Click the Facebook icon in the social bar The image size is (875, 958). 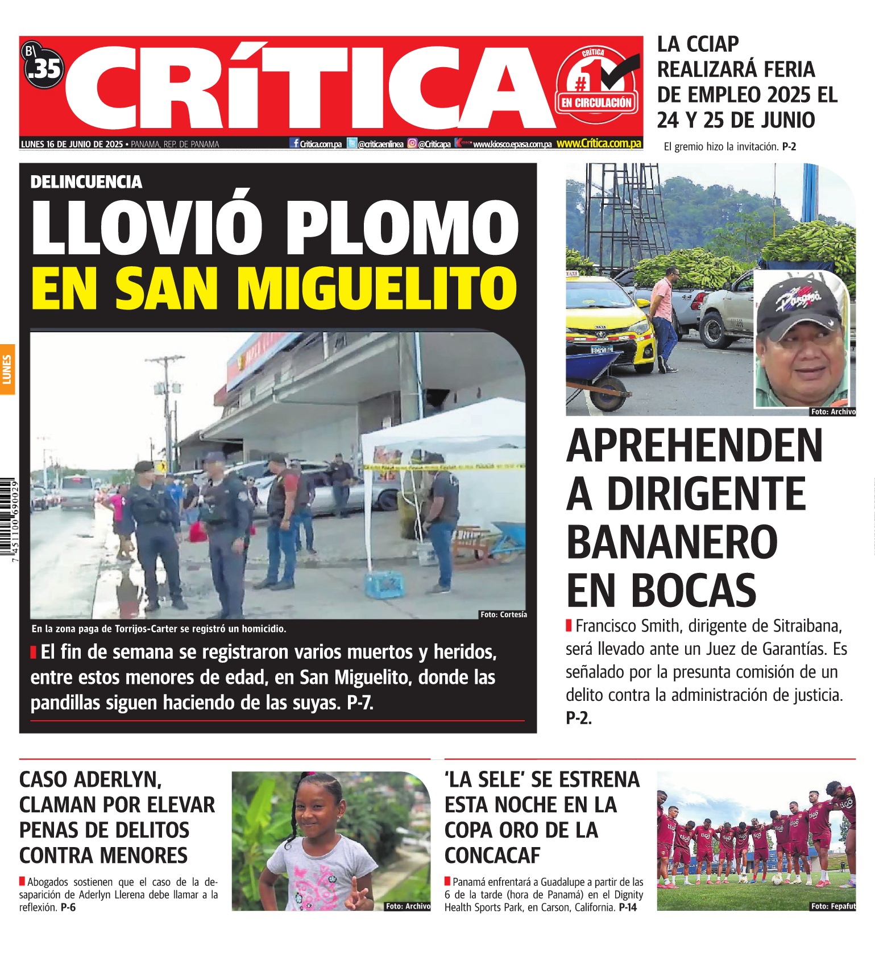coord(295,143)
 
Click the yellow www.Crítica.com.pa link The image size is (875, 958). coord(599,143)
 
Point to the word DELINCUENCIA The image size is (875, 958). coord(86,182)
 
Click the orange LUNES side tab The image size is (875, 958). coord(7,369)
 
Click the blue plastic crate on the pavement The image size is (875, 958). coord(384,585)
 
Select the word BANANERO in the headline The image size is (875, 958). coord(672,542)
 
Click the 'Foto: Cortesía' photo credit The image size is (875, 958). coord(503,614)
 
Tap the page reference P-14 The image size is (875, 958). coord(628,907)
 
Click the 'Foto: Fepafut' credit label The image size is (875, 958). coord(833,906)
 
